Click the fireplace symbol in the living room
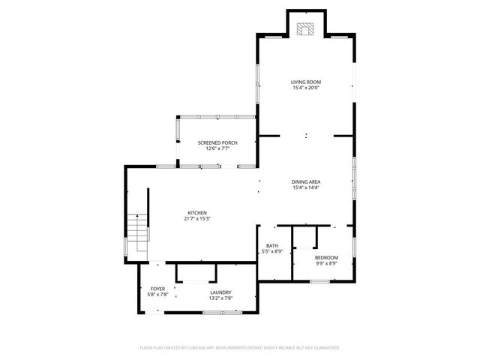[306, 29]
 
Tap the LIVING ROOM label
[306, 81]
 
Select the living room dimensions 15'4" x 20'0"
[306, 87]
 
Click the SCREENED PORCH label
[217, 142]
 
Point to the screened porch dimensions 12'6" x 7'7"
[217, 148]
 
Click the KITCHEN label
[197, 213]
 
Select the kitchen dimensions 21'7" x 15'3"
[197, 219]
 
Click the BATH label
[272, 245]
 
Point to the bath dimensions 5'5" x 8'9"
[272, 251]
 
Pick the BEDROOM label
[326, 257]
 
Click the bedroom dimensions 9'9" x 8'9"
[326, 263]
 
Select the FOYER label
[157, 289]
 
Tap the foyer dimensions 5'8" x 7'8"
[157, 295]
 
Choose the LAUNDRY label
[220, 292]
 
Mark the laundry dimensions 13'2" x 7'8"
[220, 298]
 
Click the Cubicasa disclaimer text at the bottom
[240, 348]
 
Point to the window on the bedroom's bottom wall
[320, 281]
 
